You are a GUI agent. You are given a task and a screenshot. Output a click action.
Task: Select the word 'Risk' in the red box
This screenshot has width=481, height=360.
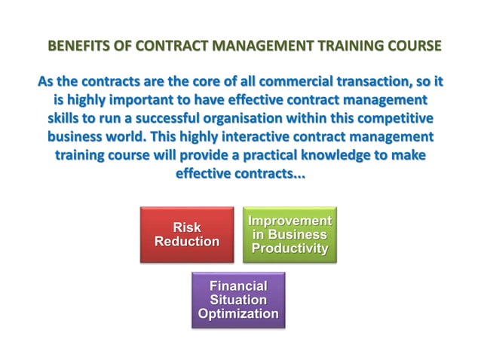pos(187,227)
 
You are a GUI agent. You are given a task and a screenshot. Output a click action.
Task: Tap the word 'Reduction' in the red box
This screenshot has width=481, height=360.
pos(187,241)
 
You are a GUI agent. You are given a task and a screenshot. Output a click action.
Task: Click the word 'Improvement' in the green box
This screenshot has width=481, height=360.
pos(290,221)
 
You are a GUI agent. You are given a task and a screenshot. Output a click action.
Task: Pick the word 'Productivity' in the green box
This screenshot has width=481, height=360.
pos(290,248)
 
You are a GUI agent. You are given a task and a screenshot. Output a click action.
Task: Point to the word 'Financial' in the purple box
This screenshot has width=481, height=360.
pos(238,286)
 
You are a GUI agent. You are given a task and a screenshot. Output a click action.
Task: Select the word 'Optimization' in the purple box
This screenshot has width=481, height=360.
pos(238,313)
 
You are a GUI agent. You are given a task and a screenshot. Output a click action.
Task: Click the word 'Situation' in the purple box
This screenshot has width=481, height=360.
pos(238,300)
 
